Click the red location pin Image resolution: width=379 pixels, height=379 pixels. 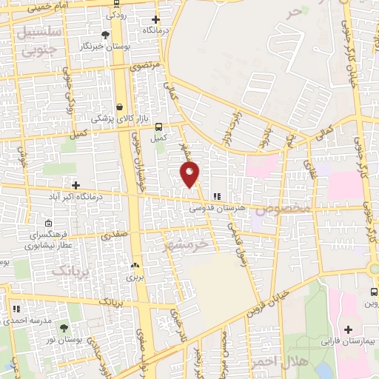tap(190, 175)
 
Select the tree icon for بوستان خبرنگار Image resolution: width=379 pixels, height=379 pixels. tap(106, 35)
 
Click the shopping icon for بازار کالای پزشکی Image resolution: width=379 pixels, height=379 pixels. tap(119, 107)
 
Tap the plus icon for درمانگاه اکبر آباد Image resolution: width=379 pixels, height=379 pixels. tap(76, 184)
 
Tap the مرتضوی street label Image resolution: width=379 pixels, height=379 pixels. tap(146, 66)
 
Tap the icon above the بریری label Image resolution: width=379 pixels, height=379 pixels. tap(135, 264)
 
